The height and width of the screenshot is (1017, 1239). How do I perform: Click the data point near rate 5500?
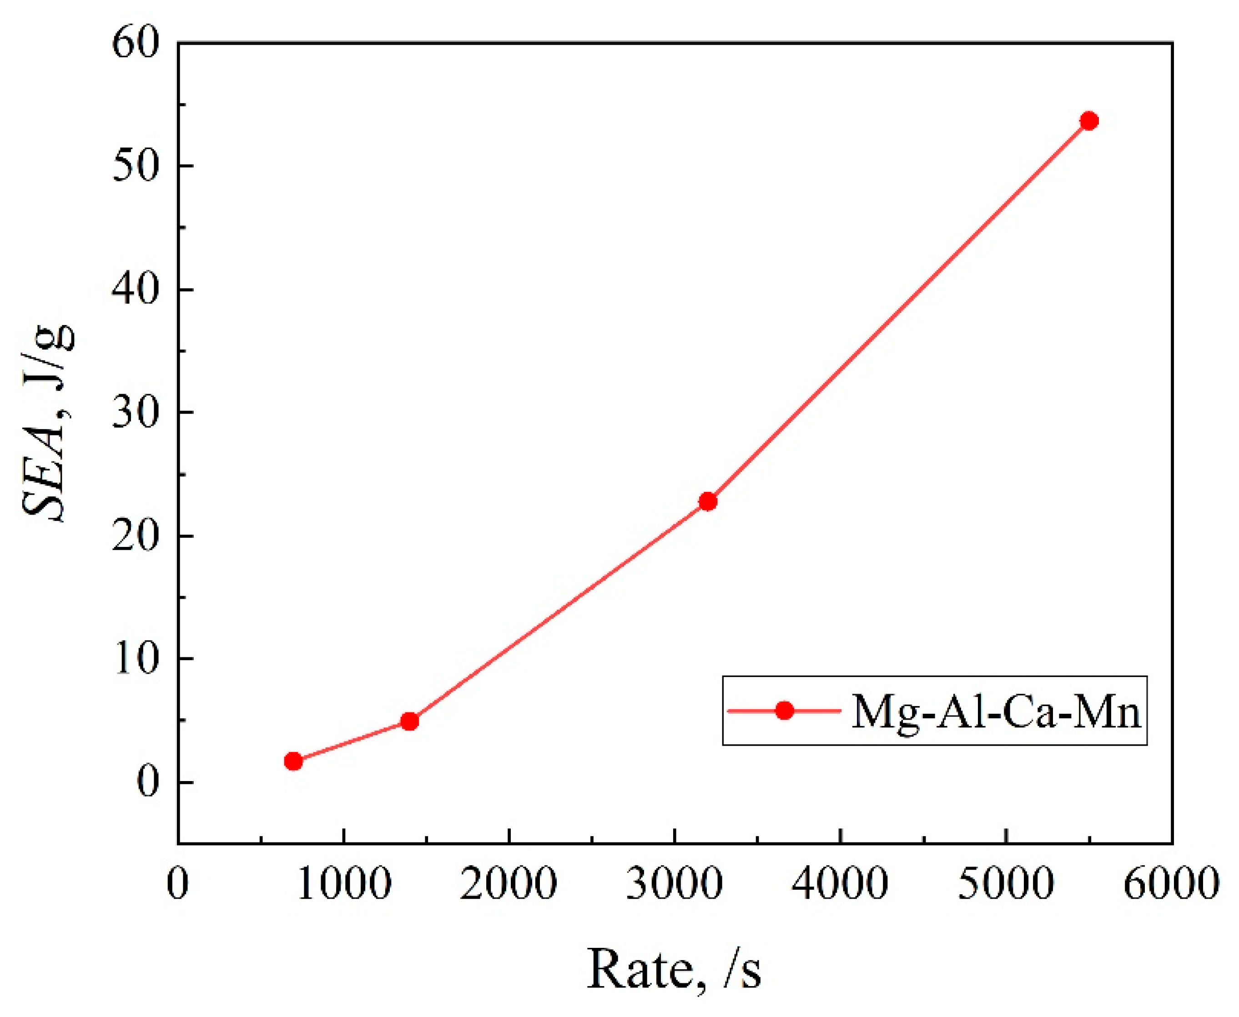pyautogui.click(x=1088, y=121)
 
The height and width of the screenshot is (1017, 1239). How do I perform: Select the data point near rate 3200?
pyautogui.click(x=708, y=501)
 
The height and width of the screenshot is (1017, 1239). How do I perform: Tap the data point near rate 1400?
pyautogui.click(x=410, y=721)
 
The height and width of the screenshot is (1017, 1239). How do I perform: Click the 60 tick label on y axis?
pyautogui.click(x=136, y=44)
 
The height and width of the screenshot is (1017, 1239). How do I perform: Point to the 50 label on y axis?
pyautogui.click(x=136, y=166)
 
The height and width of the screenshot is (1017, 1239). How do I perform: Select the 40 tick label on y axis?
pyautogui.click(x=136, y=290)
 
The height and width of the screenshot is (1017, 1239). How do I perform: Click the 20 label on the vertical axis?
pyautogui.click(x=136, y=536)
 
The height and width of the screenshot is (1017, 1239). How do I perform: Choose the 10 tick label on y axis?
pyautogui.click(x=136, y=659)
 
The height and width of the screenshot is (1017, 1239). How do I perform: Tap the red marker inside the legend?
pyautogui.click(x=784, y=711)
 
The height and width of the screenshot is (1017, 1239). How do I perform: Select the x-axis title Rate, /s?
pyautogui.click(x=674, y=970)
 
